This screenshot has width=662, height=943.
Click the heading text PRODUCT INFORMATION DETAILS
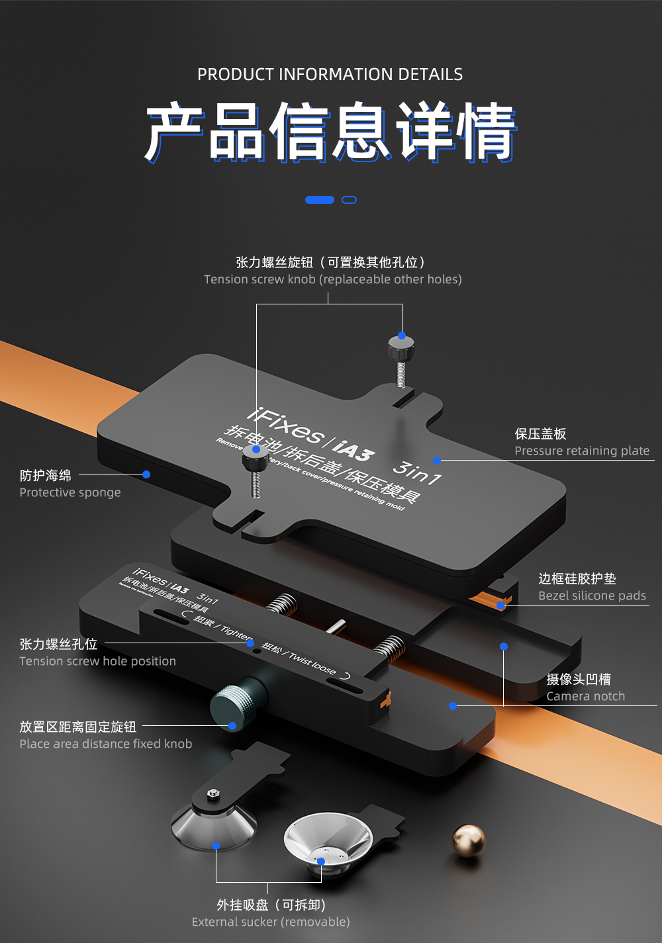[x=330, y=74]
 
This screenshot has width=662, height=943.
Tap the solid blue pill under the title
[x=319, y=200]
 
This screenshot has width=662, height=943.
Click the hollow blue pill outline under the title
[x=349, y=200]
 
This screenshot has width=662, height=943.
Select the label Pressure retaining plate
[x=582, y=451]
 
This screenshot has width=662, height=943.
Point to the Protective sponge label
[x=70, y=492]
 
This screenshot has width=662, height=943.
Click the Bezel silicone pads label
[x=592, y=596]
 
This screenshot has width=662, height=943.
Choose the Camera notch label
[x=585, y=696]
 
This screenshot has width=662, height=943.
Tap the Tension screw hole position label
[x=97, y=661]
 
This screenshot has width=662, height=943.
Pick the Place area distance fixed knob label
[x=106, y=744]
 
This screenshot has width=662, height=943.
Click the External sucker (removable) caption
[x=271, y=922]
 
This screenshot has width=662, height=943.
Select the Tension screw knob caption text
[x=332, y=279]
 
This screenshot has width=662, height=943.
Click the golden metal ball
[x=469, y=840]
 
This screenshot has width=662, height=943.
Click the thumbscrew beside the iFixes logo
[x=255, y=459]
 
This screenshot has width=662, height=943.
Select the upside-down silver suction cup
[x=328, y=840]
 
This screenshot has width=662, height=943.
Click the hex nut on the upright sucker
[x=213, y=793]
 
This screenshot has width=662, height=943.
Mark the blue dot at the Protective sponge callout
[x=146, y=474]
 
